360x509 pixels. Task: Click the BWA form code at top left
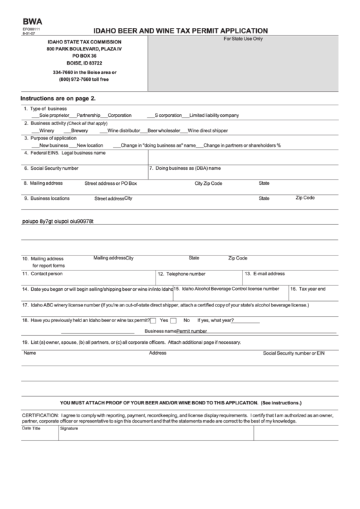coord(32,22)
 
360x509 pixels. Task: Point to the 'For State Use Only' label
coord(243,39)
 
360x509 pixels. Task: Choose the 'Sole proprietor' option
coord(56,116)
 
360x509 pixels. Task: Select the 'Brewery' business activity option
coord(79,130)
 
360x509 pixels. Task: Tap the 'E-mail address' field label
coord(268,273)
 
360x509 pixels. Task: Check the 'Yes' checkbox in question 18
coord(154,319)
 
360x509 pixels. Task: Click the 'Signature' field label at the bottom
coord(69,429)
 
